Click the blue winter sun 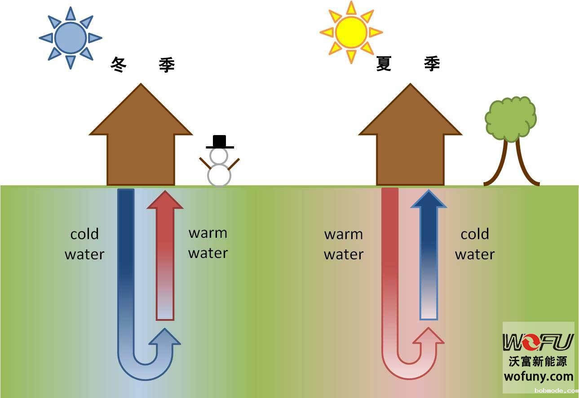pos(70,38)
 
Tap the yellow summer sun pos(351,32)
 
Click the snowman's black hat pos(220,141)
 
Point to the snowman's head pos(219,156)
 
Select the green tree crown pos(511,118)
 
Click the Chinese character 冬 pos(119,65)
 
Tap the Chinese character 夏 pos(384,64)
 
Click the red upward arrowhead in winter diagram pos(165,200)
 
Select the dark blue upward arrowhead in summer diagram pos(429,200)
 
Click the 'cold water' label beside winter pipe pos(84,244)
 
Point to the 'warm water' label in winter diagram pos(208,243)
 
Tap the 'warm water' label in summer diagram pos(344,244)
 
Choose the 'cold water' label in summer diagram pos(475,244)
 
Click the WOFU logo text pos(538,342)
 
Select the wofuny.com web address pos(539,376)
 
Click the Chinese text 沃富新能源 pos(538,361)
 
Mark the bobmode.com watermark pos(556,391)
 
